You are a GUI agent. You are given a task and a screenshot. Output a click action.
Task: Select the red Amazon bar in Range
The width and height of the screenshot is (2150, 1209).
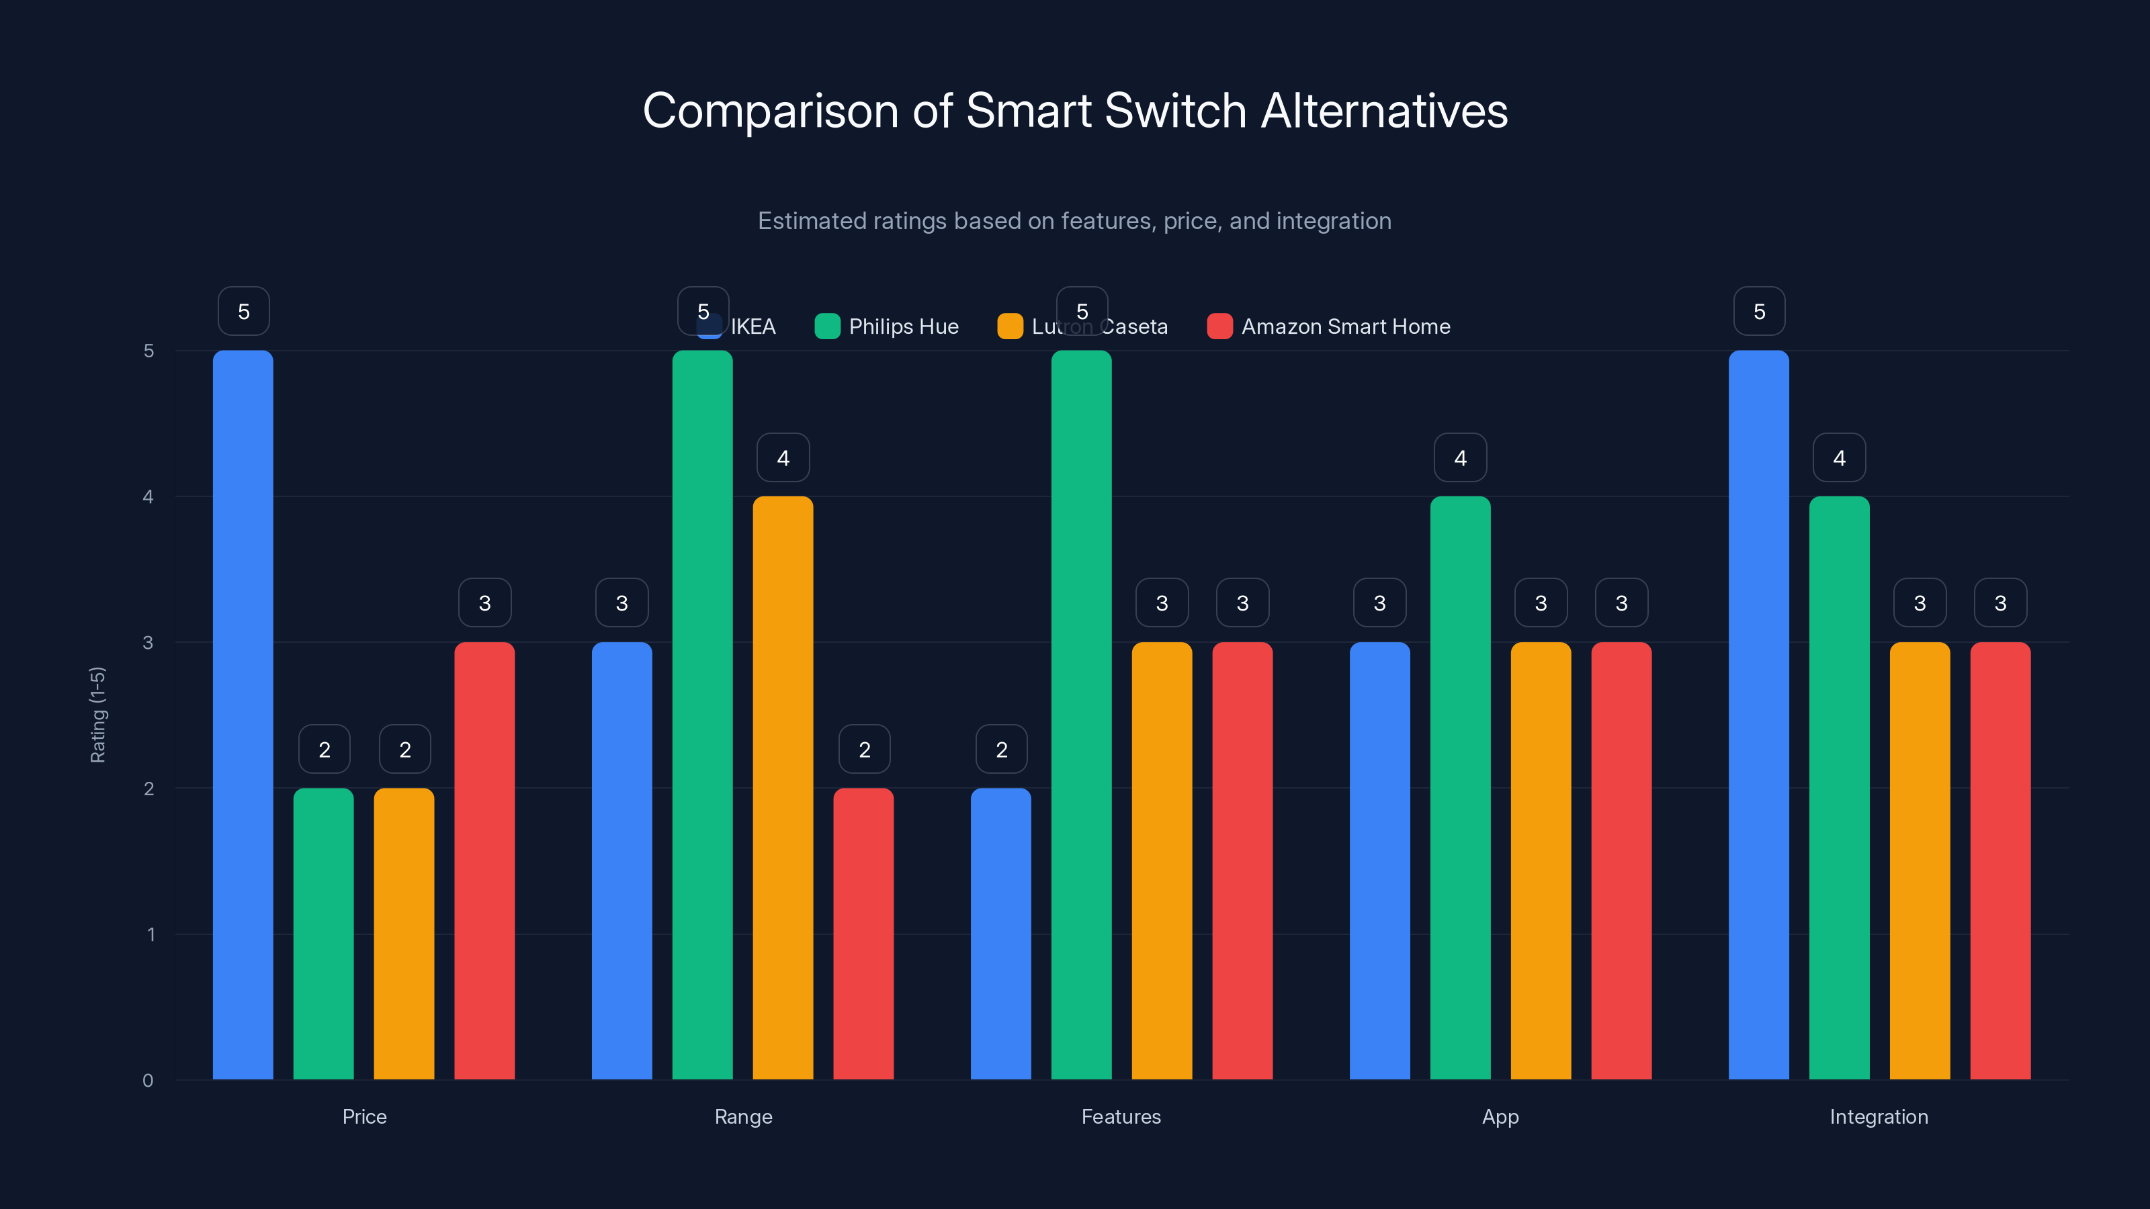pyautogui.click(x=863, y=934)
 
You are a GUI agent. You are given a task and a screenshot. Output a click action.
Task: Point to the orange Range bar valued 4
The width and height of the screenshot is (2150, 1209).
pyautogui.click(x=783, y=788)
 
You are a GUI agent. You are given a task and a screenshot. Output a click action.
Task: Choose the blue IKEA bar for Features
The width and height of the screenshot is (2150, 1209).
pyautogui.click(x=1000, y=934)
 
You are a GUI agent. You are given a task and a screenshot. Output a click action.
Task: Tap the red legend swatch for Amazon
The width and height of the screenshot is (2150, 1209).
pyautogui.click(x=1219, y=326)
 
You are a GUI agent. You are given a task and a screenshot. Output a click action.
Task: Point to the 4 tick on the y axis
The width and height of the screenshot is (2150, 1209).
pyautogui.click(x=148, y=497)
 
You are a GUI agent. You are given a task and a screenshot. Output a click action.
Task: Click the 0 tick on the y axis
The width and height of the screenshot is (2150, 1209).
pyautogui.click(x=148, y=1081)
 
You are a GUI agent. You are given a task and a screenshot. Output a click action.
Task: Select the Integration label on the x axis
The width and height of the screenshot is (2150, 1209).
pyautogui.click(x=1879, y=1116)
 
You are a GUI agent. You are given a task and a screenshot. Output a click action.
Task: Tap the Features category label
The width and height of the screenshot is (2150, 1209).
pyautogui.click(x=1121, y=1116)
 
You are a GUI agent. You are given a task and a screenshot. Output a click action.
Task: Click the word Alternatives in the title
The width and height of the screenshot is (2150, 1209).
pyautogui.click(x=1384, y=111)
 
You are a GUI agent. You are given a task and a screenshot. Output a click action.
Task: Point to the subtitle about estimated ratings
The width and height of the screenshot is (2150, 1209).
pyautogui.click(x=1074, y=221)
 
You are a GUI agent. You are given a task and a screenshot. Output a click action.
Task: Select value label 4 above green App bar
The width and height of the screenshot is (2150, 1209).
pyautogui.click(x=1460, y=457)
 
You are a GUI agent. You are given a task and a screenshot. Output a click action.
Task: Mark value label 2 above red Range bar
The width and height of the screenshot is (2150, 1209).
pyautogui.click(x=864, y=750)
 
